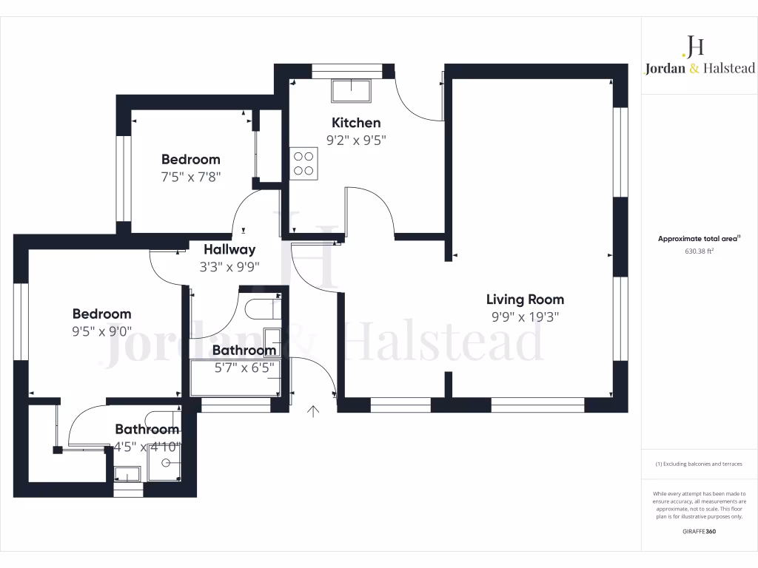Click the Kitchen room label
[356, 123]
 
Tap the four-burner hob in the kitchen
[303, 163]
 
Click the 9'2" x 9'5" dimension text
[356, 139]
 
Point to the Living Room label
[525, 300]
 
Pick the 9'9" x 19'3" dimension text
[525, 317]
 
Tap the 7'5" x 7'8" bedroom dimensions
[190, 176]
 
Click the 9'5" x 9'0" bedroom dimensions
[101, 331]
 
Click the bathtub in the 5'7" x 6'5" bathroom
[235, 378]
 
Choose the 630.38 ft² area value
[699, 251]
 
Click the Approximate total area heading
[699, 238]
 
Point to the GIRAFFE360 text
[699, 531]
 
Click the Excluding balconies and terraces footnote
[699, 464]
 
